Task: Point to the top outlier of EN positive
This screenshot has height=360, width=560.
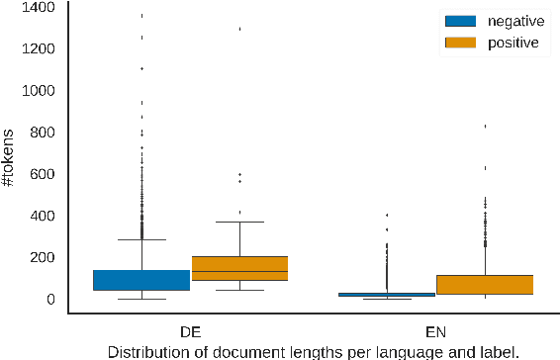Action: tap(485, 126)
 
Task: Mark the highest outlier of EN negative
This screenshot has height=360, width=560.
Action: tap(387, 215)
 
